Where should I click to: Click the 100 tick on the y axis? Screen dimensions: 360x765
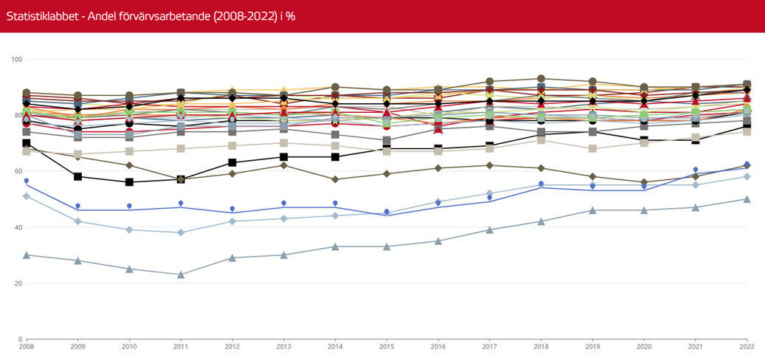pyautogui.click(x=18, y=59)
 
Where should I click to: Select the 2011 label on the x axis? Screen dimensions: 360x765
pyautogui.click(x=181, y=345)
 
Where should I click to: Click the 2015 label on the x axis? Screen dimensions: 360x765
pyautogui.click(x=387, y=345)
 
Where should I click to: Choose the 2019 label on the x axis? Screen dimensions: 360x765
pyautogui.click(x=592, y=345)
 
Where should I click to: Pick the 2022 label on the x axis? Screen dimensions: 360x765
pyautogui.click(x=746, y=345)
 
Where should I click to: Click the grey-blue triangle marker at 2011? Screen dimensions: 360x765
pyautogui.click(x=181, y=274)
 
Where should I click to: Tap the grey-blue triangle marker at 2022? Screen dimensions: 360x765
pyautogui.click(x=747, y=199)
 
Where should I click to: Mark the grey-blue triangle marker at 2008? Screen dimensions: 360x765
pyautogui.click(x=27, y=255)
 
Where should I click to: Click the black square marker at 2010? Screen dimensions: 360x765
pyautogui.click(x=129, y=182)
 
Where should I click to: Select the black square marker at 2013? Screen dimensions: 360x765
pyautogui.click(x=283, y=157)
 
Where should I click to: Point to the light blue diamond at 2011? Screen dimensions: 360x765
pyautogui.click(x=181, y=232)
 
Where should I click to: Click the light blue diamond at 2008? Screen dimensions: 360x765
pyautogui.click(x=27, y=195)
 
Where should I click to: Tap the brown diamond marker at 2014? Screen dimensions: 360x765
pyautogui.click(x=335, y=179)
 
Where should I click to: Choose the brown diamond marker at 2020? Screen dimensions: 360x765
pyautogui.click(x=643, y=182)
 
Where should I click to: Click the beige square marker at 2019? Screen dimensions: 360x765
pyautogui.click(x=592, y=148)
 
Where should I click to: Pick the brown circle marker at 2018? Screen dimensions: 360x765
pyautogui.click(x=541, y=78)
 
